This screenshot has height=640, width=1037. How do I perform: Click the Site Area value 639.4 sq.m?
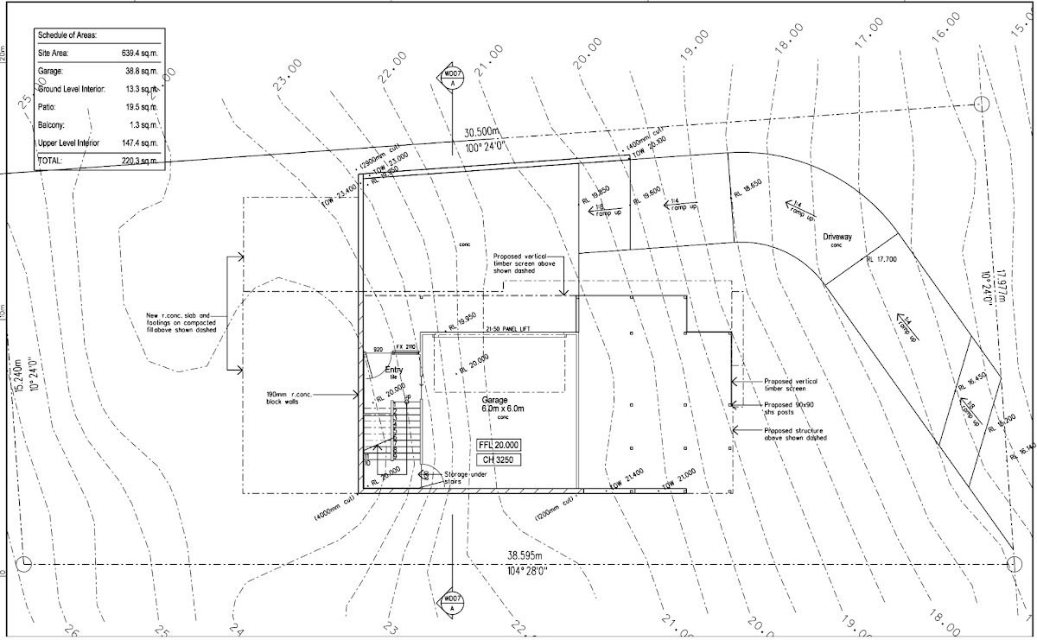click(x=139, y=53)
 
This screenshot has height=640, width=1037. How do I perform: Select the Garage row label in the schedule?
click(x=50, y=71)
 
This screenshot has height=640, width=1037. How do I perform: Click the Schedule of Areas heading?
click(x=67, y=35)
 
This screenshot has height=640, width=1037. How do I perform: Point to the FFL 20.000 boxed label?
click(x=499, y=444)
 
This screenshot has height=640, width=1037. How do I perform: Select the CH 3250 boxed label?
click(x=499, y=460)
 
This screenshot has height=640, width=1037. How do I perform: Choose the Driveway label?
click(x=837, y=236)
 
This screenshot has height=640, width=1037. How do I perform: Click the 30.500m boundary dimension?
click(x=482, y=132)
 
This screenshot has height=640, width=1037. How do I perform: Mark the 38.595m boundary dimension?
click(x=525, y=554)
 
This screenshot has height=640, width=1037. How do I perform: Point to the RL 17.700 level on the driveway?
click(x=881, y=259)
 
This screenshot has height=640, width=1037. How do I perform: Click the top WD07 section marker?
click(x=451, y=75)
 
